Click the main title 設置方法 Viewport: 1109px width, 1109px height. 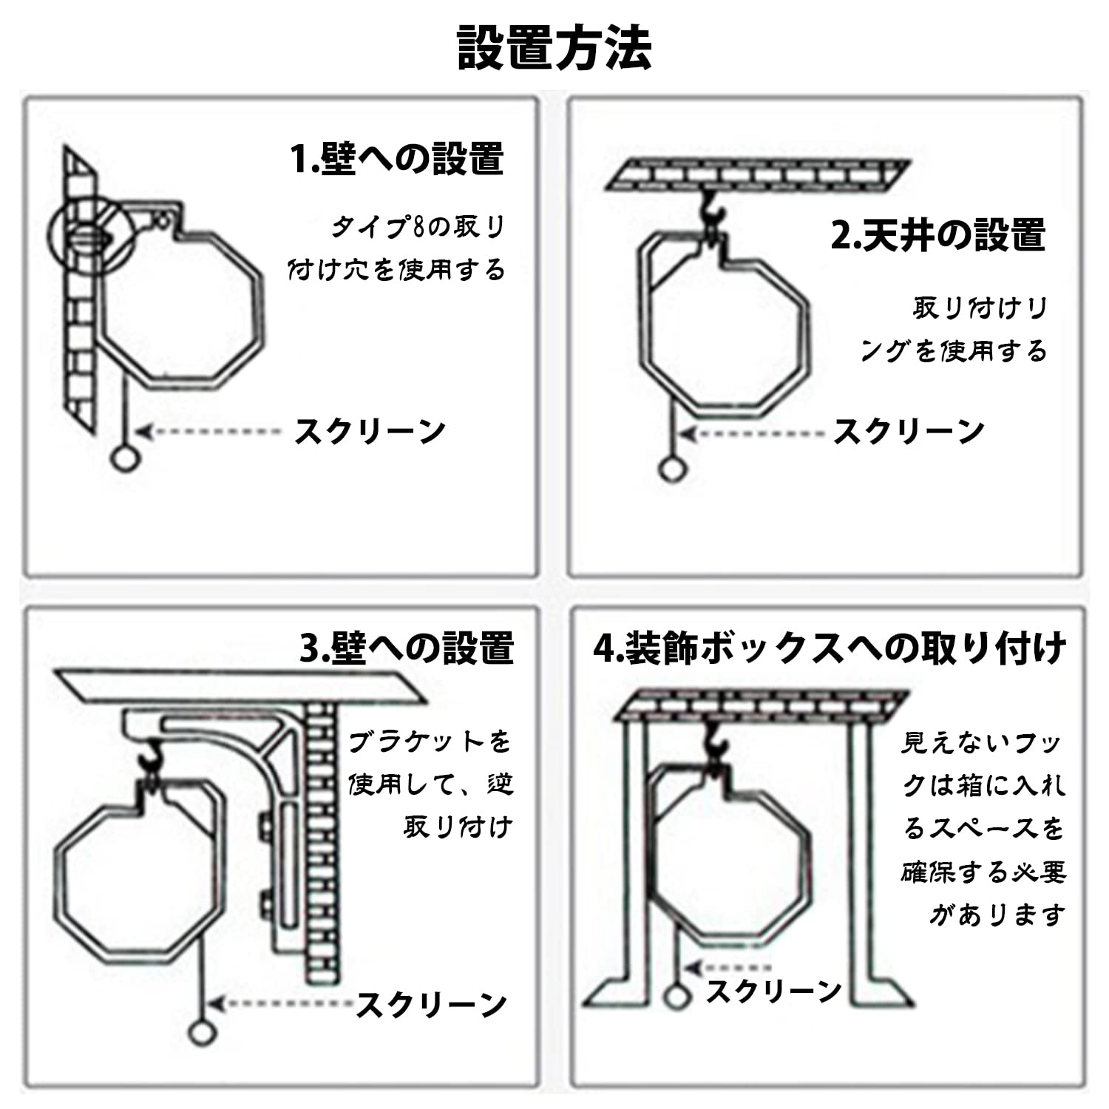[554, 48]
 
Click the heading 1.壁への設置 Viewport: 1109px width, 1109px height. [398, 159]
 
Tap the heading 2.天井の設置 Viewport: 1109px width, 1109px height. [938, 235]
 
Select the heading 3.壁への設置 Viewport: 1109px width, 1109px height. [407, 648]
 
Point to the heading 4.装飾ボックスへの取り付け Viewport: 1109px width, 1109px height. [830, 648]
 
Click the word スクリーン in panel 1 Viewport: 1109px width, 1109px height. [370, 431]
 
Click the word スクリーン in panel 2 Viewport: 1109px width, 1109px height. [909, 431]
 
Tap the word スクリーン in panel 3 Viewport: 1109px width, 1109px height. [432, 1004]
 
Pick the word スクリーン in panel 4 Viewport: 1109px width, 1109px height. [773, 991]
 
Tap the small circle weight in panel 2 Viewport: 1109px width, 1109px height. [671, 469]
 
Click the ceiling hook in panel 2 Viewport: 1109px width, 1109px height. [710, 209]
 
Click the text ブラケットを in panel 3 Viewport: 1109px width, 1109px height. [430, 742]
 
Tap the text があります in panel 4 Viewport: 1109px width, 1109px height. [997, 915]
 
